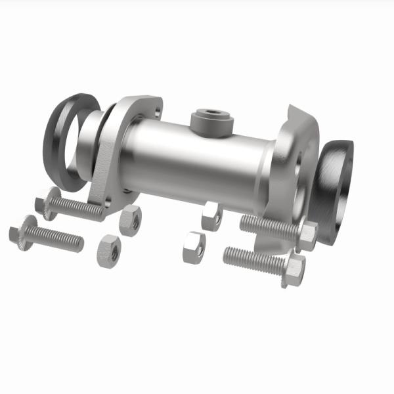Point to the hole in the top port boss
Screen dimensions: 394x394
click(x=211, y=116)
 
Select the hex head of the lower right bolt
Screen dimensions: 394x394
click(x=294, y=269)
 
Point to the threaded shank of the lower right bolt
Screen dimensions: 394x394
click(x=253, y=259)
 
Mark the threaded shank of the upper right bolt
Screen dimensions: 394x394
click(x=269, y=227)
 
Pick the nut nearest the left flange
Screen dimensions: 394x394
click(x=131, y=219)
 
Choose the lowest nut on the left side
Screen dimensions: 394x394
click(x=108, y=250)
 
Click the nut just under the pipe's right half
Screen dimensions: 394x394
click(x=211, y=216)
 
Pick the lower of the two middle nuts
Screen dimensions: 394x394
click(x=194, y=247)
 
